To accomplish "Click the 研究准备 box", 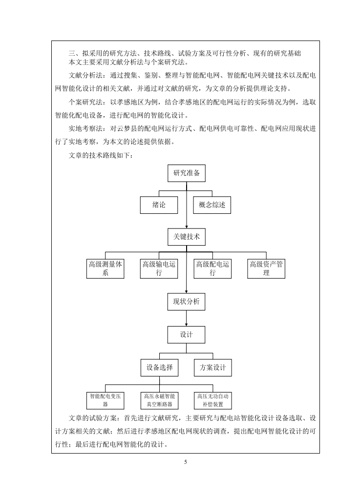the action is coord(187,173).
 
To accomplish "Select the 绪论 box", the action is coord(159,205).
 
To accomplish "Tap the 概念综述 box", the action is coord(212,205).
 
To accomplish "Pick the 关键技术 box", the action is coord(187,237).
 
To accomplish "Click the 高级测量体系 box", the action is coord(105,269).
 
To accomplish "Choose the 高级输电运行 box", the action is coord(159,269).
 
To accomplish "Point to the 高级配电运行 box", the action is coord(212,269).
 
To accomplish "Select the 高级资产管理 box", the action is coord(266,269).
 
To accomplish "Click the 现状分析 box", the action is coord(186,302).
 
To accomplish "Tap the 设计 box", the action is coord(187,335).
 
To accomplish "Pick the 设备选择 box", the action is coord(160,368).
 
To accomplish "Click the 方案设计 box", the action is coord(213,368).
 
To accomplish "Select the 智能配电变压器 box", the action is coord(105,400).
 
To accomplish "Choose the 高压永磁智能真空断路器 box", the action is coord(159,400).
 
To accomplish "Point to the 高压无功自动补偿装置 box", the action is coord(213,400).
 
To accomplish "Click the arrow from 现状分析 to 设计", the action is coord(187,318).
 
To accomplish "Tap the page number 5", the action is coord(186,462).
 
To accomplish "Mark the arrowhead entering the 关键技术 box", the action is coord(187,226).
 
